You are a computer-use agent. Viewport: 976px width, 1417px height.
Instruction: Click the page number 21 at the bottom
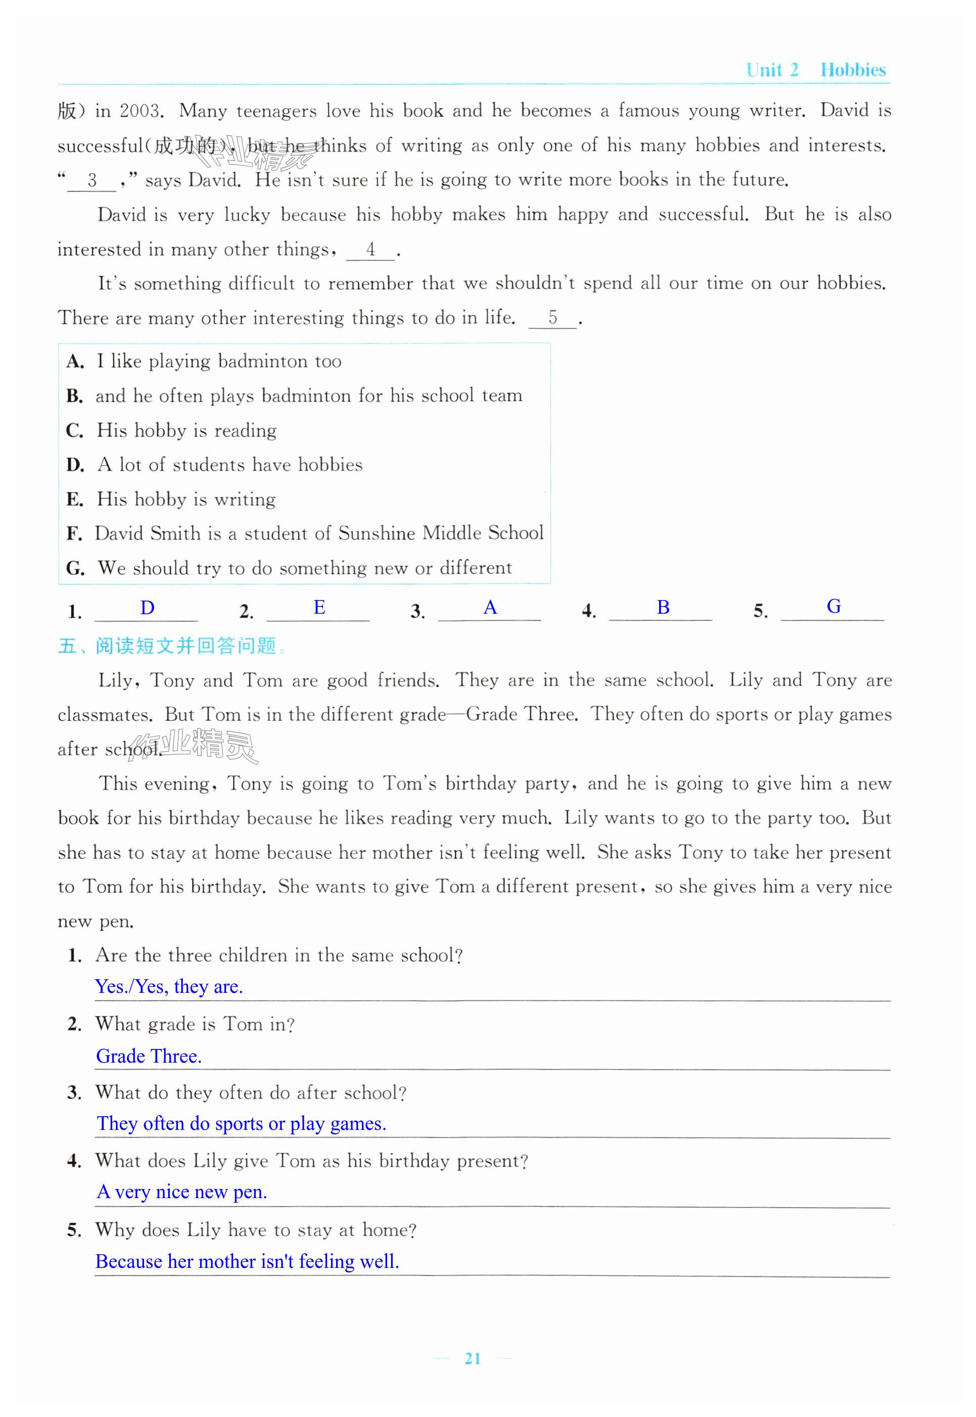(472, 1358)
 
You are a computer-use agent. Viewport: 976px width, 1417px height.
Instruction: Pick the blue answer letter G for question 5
(833, 607)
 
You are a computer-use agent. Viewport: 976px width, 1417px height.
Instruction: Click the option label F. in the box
(75, 534)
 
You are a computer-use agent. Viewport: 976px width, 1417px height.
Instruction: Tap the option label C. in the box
(75, 431)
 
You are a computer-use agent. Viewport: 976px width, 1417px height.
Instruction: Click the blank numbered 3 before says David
(91, 180)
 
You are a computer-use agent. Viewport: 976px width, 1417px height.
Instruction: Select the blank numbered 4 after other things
(370, 250)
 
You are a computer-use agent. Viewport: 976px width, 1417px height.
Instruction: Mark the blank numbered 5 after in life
(552, 318)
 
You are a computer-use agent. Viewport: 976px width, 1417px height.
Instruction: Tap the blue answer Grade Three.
(149, 1056)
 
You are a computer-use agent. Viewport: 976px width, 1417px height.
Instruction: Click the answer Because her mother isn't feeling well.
(247, 1262)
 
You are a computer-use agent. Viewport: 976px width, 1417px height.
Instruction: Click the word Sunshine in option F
(376, 533)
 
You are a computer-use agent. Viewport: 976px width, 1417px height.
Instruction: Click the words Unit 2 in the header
(772, 70)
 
